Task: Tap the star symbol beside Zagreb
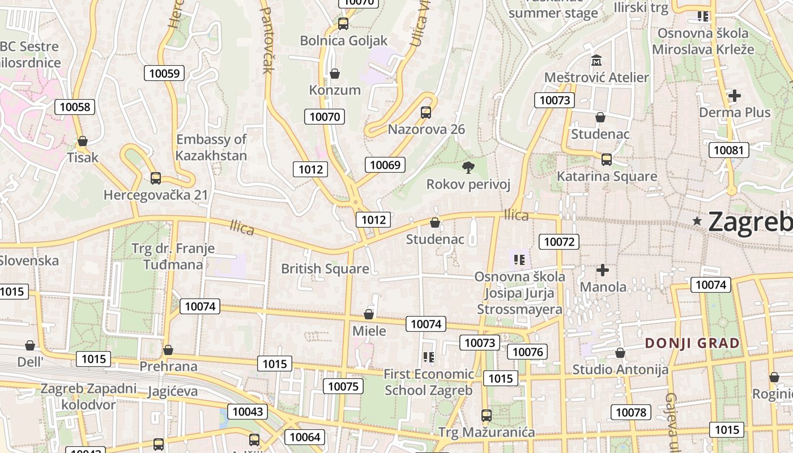[x=697, y=221]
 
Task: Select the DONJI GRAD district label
[x=692, y=343]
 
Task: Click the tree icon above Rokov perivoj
[x=468, y=167]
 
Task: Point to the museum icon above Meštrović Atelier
[x=596, y=61]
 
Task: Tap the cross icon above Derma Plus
[x=735, y=96]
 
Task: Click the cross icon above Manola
[x=603, y=270]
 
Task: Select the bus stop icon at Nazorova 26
[x=426, y=113]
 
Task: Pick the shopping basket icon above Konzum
[x=335, y=74]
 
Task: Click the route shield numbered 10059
[x=164, y=73]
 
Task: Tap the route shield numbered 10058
[x=75, y=107]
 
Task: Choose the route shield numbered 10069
[x=385, y=165]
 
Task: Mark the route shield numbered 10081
[x=728, y=150]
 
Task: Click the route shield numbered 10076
[x=527, y=352]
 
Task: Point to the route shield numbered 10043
[x=248, y=412]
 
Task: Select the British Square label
[x=325, y=268]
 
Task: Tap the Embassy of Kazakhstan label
[x=211, y=147]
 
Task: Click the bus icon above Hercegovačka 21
[x=156, y=178]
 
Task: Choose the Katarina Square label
[x=607, y=176]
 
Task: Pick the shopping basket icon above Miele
[x=369, y=314]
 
